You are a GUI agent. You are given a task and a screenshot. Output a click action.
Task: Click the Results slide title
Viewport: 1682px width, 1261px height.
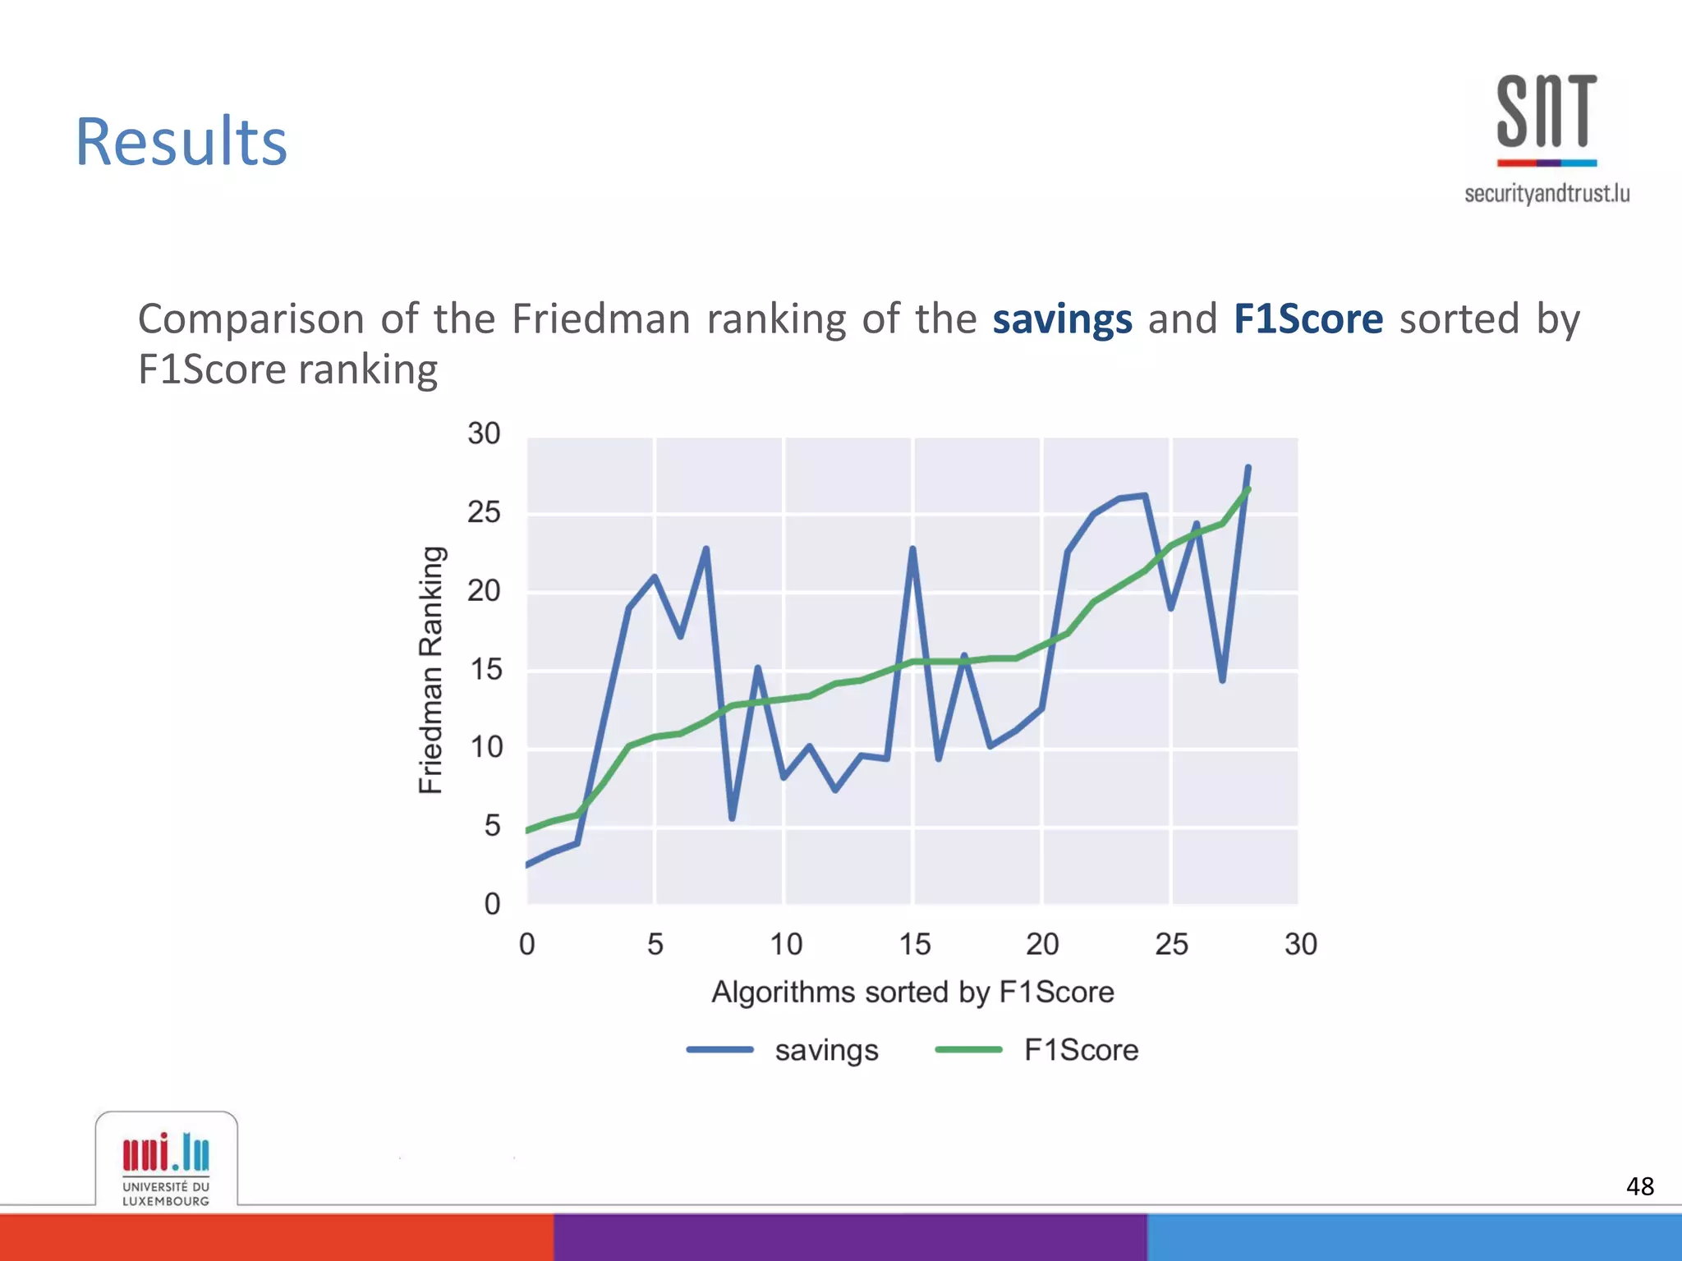(x=181, y=142)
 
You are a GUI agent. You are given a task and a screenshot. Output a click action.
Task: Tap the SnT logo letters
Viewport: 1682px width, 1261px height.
(x=1546, y=112)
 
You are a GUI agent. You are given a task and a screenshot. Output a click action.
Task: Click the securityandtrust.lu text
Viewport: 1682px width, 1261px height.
(x=1546, y=194)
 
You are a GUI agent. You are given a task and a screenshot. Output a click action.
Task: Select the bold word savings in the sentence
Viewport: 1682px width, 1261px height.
(x=1062, y=319)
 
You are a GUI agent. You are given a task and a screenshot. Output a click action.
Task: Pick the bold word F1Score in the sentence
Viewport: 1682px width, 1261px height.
(x=1307, y=319)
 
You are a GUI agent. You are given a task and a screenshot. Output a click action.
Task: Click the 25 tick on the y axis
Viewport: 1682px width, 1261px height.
(x=484, y=513)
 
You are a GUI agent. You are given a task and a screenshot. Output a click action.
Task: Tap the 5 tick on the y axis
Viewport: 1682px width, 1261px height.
(x=492, y=826)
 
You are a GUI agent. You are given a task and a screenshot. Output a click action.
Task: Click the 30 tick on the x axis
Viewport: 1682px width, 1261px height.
(x=1300, y=945)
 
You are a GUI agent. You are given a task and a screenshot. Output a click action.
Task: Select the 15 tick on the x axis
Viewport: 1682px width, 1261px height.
(x=913, y=945)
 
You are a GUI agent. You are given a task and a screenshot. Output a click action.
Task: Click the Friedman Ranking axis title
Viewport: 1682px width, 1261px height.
(x=431, y=670)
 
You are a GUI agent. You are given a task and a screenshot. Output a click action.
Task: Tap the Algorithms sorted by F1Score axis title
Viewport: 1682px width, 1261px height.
(x=912, y=993)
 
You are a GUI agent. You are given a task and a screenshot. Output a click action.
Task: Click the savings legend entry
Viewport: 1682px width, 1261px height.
(x=825, y=1051)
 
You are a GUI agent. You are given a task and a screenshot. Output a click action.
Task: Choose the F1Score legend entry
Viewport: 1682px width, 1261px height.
(x=1080, y=1051)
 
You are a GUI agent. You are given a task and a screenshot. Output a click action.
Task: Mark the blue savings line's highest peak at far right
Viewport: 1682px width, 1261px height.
(x=1248, y=468)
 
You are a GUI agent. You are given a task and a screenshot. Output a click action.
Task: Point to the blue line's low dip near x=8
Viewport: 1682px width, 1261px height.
(x=732, y=818)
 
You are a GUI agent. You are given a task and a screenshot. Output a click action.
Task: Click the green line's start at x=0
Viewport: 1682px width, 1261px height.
(x=528, y=831)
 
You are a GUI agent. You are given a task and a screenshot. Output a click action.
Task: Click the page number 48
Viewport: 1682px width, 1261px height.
(x=1639, y=1186)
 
